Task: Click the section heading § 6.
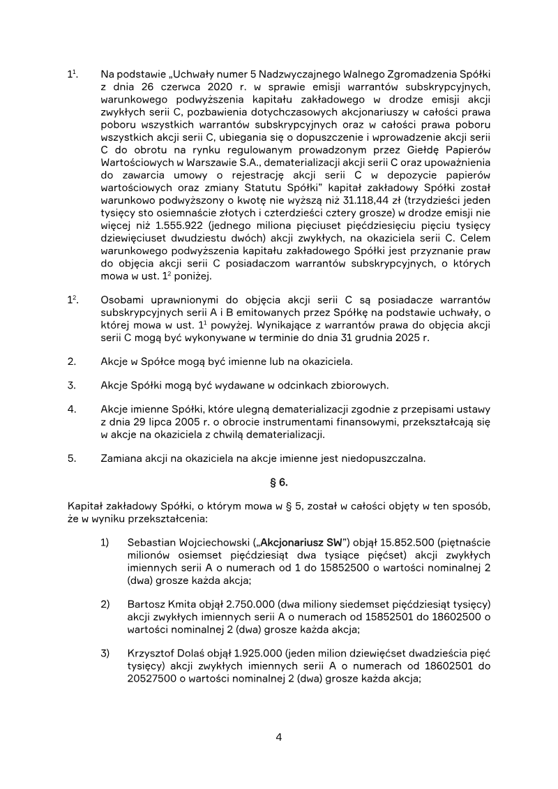(278, 482)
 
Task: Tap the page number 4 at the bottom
(278, 737)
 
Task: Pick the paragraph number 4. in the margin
(72, 409)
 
